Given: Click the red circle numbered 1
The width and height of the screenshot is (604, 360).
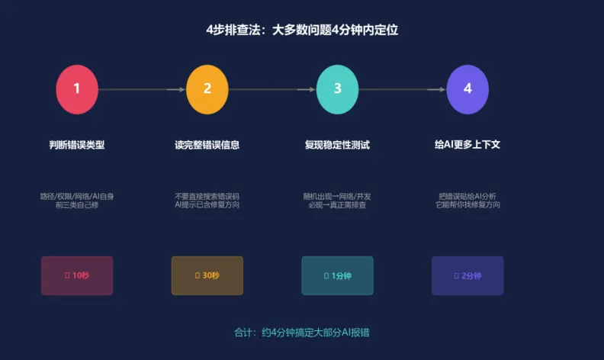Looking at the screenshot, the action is (77, 89).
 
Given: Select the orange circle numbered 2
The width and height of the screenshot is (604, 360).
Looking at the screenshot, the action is (207, 89).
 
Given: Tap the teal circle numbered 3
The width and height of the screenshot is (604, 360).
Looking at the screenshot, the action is (338, 89).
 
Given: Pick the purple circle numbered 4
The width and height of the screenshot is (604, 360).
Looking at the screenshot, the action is (467, 89).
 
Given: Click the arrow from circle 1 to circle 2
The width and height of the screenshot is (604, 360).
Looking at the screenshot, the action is (142, 89).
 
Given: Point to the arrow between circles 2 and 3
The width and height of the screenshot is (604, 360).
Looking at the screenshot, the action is (272, 89).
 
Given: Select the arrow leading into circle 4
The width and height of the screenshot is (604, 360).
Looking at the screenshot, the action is (403, 89).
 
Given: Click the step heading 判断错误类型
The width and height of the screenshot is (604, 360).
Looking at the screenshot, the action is (77, 145).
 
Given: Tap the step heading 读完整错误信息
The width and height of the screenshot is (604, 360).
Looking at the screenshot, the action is (207, 145).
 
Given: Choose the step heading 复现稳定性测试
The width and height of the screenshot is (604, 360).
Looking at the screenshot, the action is (337, 145).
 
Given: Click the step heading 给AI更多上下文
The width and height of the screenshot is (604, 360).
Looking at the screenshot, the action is (467, 145).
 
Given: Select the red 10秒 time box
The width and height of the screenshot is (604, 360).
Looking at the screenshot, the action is (77, 275).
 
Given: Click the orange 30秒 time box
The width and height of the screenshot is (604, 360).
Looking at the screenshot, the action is (207, 275).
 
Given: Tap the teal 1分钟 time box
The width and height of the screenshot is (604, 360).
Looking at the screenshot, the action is (337, 275).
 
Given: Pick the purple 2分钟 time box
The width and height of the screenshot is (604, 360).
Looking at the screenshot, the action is (467, 275).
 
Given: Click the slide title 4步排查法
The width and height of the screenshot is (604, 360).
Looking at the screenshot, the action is (302, 31).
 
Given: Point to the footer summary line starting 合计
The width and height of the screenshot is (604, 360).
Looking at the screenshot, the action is (302, 333).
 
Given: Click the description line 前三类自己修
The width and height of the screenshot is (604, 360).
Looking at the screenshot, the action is (77, 205).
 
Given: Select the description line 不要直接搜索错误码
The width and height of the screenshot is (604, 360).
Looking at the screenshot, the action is (207, 196).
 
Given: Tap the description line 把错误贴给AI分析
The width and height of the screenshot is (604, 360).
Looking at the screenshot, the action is (467, 196).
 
